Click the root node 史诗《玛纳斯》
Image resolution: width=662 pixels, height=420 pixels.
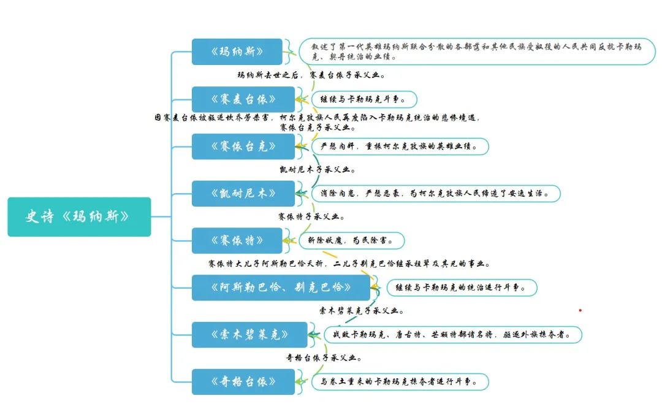pos(79,216)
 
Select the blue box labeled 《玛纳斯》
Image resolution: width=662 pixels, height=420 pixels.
pos(237,52)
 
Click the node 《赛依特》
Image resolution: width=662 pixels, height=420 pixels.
pos(237,240)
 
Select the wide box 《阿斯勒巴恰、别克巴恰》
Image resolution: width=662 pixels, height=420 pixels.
pos(281,288)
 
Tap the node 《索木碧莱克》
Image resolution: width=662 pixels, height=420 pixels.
pos(249,335)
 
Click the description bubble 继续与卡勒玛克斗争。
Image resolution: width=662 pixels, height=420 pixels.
pos(365,99)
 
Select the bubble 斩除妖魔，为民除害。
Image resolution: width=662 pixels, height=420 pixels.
pos(352,240)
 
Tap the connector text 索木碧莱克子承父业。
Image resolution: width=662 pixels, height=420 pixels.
pos(361,311)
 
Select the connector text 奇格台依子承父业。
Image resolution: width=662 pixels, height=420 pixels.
pos(324,358)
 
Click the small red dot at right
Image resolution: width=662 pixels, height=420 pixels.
pos(580,310)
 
